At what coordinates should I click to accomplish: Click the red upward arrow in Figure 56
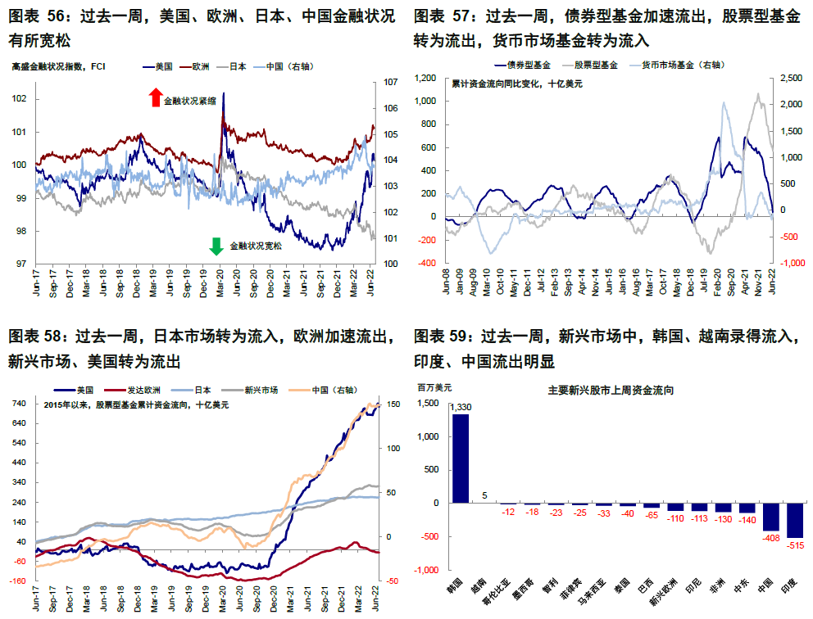tap(155, 99)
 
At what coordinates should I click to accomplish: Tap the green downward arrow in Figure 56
tap(217, 246)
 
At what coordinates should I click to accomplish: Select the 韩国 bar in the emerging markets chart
tap(461, 459)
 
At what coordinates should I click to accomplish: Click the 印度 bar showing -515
tap(795, 520)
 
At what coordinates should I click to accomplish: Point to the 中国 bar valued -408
tap(771, 517)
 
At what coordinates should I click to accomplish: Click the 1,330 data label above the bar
tap(461, 408)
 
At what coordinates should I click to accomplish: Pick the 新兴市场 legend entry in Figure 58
tap(261, 390)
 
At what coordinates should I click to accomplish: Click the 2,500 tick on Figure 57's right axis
tap(790, 79)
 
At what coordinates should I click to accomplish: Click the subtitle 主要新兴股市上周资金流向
tap(611, 391)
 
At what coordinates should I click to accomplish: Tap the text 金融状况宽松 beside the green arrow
tap(255, 246)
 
